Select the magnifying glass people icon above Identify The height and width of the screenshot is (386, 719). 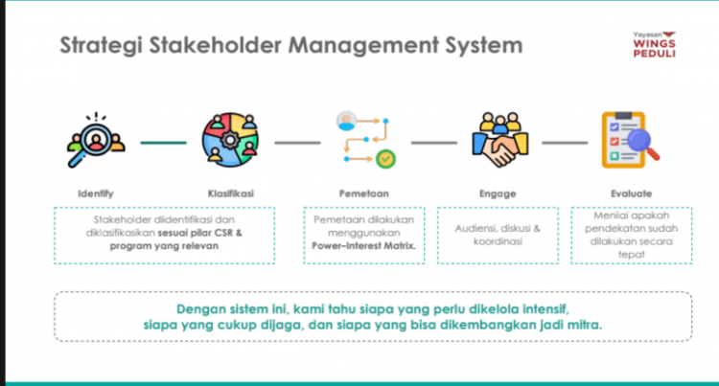pos(96,141)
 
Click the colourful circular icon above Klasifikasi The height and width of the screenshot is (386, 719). pos(229,141)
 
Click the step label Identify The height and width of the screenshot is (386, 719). pos(95,193)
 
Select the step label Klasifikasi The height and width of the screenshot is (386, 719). pos(230,193)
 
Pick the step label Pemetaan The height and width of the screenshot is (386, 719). pos(363,193)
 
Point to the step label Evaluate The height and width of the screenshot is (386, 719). pos(630,193)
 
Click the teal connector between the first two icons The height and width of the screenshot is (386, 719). pos(163,143)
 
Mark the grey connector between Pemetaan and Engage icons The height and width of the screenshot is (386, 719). pos(434,143)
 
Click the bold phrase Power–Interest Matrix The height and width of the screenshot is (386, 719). pos(363,244)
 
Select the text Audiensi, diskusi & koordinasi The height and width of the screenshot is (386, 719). pos(498,235)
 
